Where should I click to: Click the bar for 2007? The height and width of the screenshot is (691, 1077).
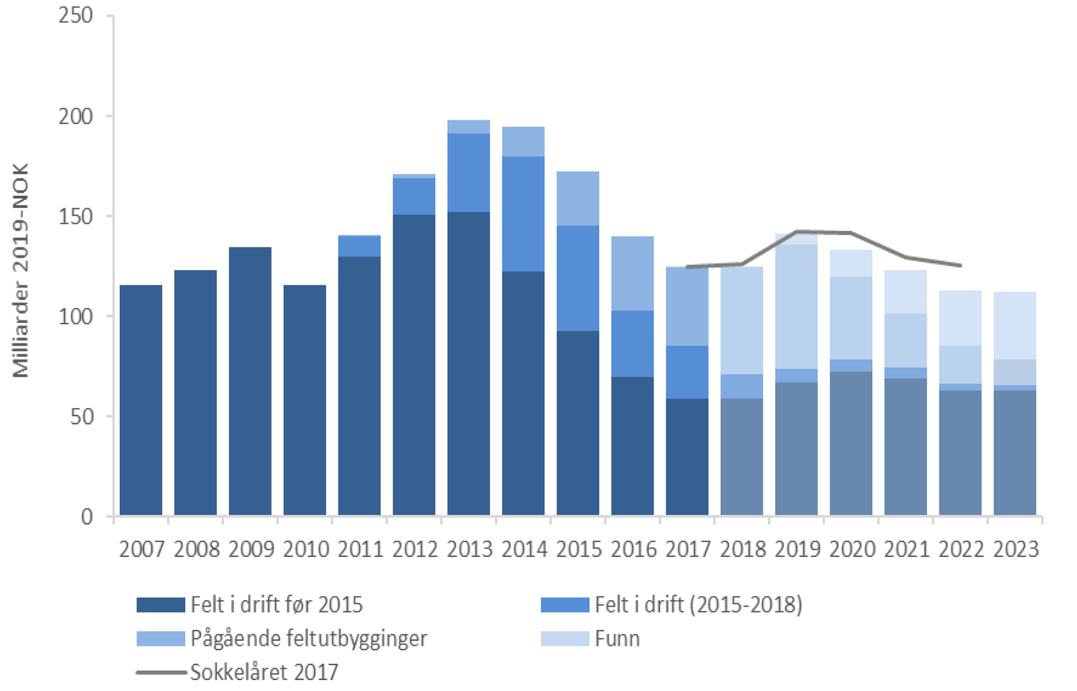[141, 400]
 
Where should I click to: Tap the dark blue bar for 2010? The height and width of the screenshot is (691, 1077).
[305, 400]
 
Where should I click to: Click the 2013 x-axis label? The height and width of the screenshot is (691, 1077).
[469, 548]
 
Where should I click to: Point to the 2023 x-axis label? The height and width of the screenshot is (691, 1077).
[1016, 548]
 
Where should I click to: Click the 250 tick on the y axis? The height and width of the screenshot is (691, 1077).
[76, 15]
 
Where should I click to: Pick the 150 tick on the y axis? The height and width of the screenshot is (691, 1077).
[76, 217]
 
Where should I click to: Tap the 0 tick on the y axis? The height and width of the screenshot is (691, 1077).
[86, 516]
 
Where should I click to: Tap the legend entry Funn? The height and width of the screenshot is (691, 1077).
[617, 638]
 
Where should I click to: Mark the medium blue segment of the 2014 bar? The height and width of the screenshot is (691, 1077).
[523, 214]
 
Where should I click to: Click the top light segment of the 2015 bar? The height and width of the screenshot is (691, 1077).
[578, 198]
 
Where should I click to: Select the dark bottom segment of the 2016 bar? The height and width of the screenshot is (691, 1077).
[632, 446]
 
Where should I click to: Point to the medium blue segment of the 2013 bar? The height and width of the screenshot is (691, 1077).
[468, 172]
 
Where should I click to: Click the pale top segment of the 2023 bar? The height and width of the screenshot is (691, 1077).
[1015, 326]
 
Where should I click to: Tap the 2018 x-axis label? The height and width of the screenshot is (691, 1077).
[743, 548]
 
